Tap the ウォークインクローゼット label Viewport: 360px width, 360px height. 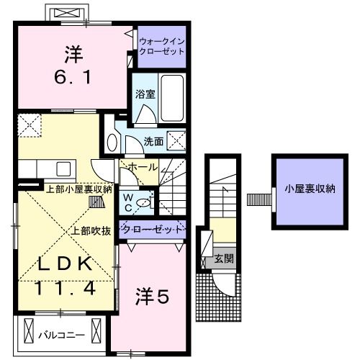coord(162,46)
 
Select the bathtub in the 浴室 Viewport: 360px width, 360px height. coord(172,98)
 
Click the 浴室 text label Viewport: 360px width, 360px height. coord(145,94)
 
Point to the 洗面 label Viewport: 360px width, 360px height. coord(153,141)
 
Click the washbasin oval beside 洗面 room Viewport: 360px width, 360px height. coord(112,143)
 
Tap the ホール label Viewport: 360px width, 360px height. coord(143,167)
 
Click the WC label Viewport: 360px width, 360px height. coord(128,203)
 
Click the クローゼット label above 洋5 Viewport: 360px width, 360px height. coord(153,230)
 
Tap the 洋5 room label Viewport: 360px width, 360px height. coord(152,297)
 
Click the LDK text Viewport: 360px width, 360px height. coord(66,264)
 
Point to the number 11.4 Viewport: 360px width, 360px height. coord(66,288)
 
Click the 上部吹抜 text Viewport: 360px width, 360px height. coord(91,231)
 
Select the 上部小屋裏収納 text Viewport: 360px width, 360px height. coord(79,189)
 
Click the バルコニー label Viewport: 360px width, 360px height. coord(62,335)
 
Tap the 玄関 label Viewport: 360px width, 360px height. coord(224,258)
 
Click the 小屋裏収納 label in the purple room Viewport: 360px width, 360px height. coord(310,189)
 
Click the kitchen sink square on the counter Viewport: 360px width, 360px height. coord(63,169)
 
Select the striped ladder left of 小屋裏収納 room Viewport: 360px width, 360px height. coord(259,199)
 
